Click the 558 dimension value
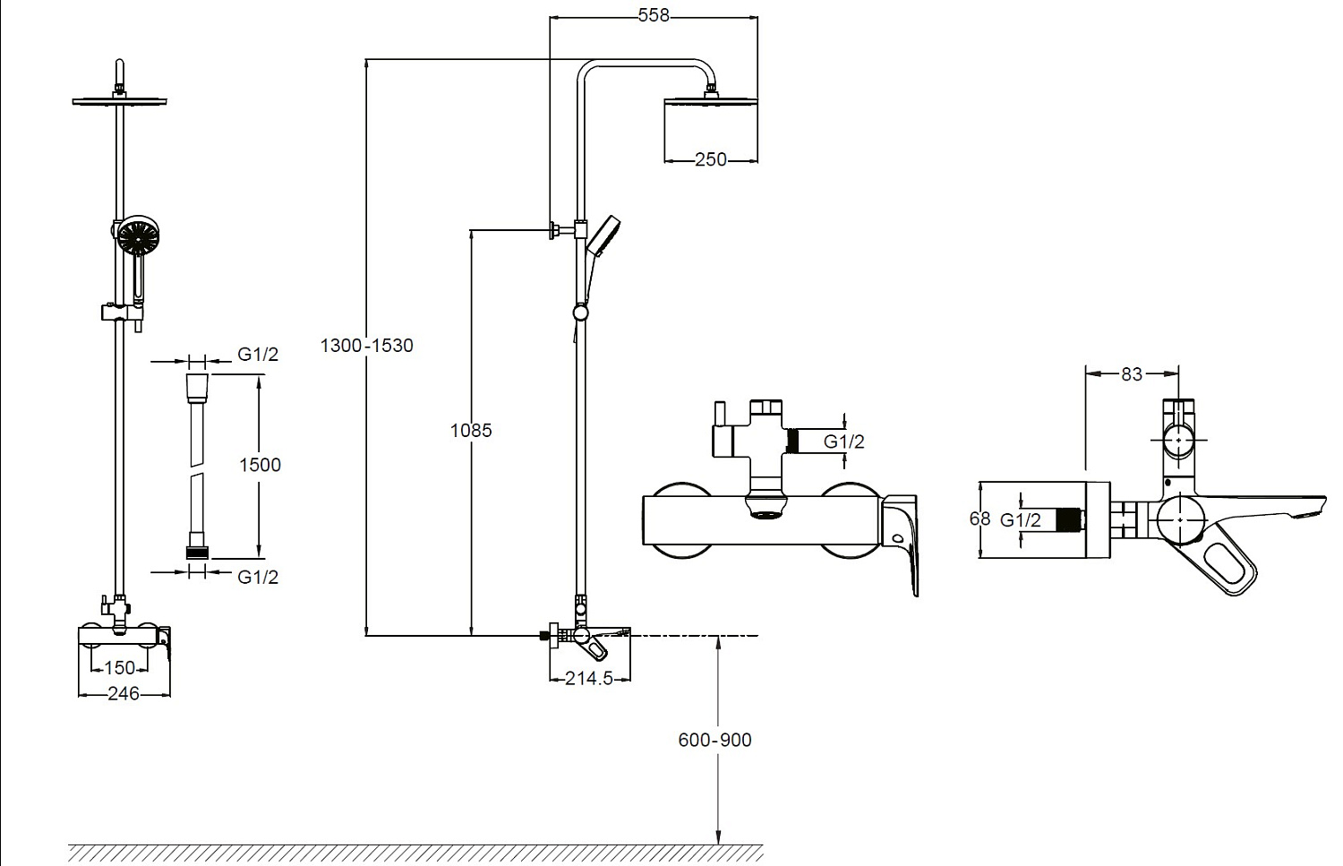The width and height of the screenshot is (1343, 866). [x=653, y=15]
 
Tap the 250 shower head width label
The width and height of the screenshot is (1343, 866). [x=711, y=159]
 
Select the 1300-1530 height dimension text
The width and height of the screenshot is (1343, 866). [x=367, y=346]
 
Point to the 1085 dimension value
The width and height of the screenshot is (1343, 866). [x=471, y=430]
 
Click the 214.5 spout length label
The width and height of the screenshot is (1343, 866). [x=589, y=678]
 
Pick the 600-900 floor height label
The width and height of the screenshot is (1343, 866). [x=714, y=740]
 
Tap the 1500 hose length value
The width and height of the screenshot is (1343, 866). [x=260, y=465]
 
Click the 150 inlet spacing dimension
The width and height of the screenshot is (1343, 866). [x=119, y=667]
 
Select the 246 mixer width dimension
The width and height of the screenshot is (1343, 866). [x=123, y=694]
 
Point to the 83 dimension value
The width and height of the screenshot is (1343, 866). [x=1132, y=374]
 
